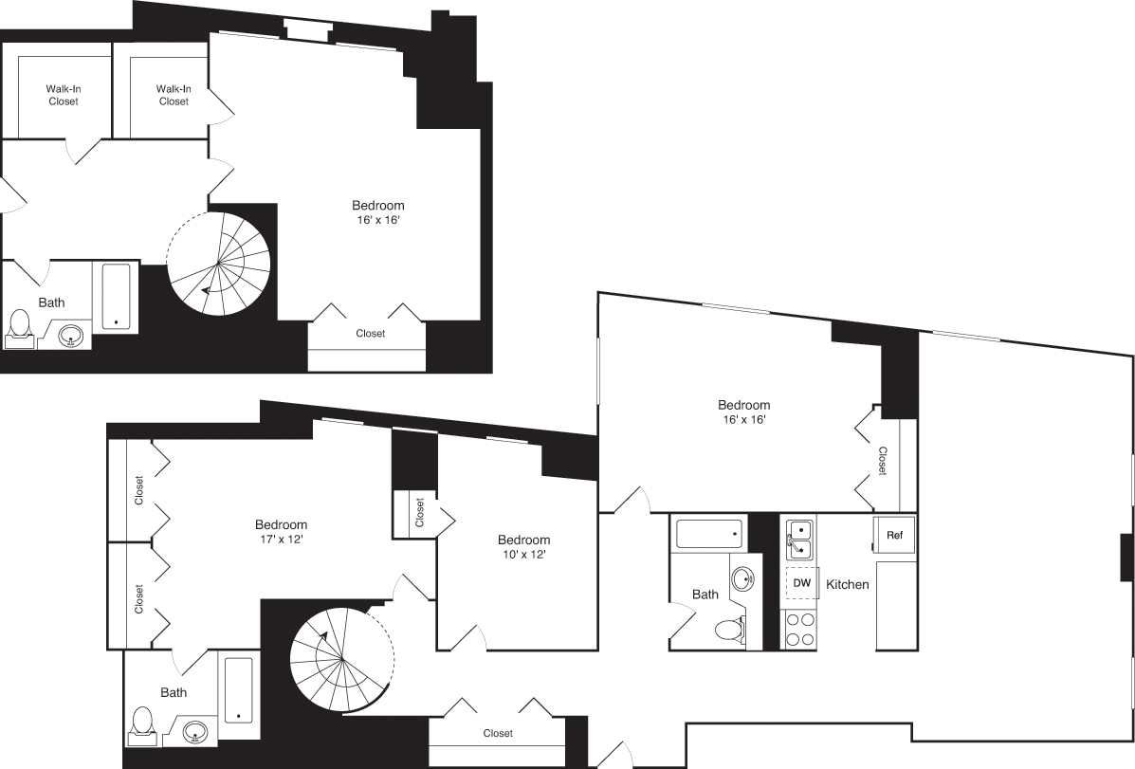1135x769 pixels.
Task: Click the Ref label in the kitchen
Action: (x=894, y=536)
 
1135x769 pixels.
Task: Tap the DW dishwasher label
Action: (x=801, y=583)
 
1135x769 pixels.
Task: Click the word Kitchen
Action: (x=848, y=584)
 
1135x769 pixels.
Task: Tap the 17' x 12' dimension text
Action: (x=281, y=540)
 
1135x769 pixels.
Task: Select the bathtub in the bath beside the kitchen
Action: (x=709, y=534)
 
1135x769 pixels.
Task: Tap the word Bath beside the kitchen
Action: (x=705, y=595)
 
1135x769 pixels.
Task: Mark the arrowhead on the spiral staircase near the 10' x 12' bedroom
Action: (x=322, y=636)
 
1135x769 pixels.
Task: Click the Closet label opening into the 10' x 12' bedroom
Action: (x=419, y=514)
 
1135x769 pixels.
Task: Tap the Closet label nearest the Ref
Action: (x=882, y=461)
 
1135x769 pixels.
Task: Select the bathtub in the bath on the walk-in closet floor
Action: (x=116, y=295)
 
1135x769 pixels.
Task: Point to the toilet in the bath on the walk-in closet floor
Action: (x=19, y=325)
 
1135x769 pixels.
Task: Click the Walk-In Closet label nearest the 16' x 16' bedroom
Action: (x=174, y=95)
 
